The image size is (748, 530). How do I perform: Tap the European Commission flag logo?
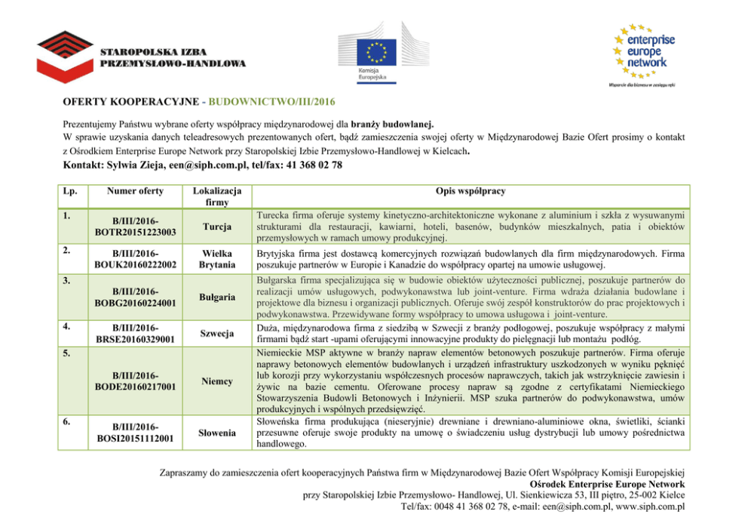pos(376,51)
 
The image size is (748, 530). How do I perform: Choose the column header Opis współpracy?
pos(470,191)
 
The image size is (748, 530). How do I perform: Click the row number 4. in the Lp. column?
pos(67,326)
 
